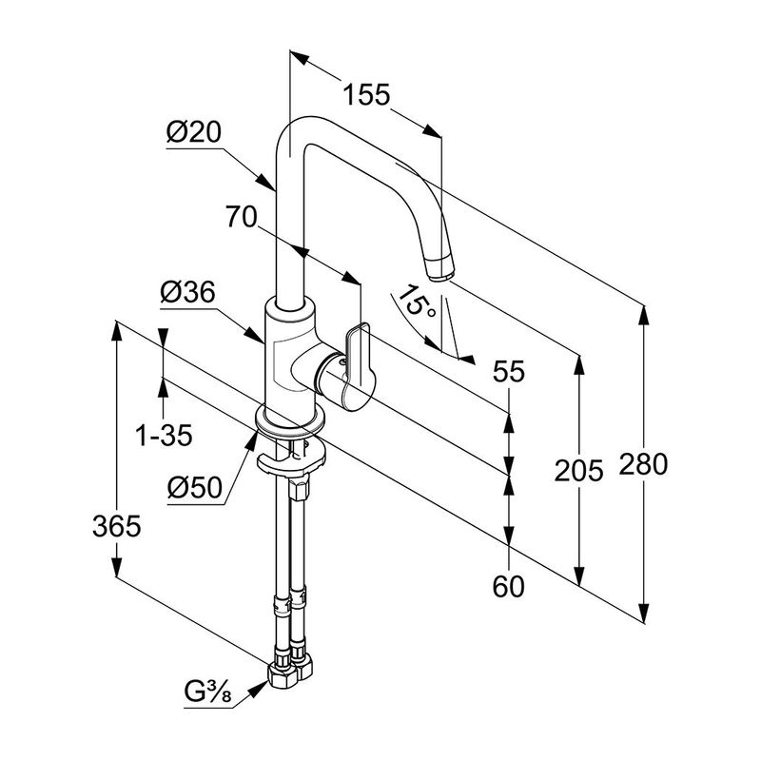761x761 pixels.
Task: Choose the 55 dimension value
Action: [x=509, y=374]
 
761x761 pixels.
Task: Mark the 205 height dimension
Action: [x=580, y=470]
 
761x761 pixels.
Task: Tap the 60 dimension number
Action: [x=510, y=587]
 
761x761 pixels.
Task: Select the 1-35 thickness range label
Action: [x=164, y=437]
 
